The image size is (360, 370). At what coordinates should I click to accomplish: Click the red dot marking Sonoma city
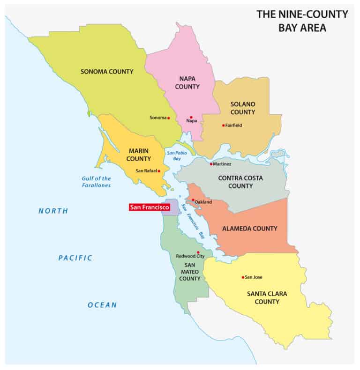point(169,118)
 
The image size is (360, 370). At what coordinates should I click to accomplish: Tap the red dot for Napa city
point(191,117)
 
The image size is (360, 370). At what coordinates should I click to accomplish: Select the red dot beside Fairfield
point(223,125)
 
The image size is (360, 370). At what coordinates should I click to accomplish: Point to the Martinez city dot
point(211,164)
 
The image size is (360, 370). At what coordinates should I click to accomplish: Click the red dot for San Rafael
point(159,171)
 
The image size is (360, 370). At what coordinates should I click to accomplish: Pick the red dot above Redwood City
point(198,252)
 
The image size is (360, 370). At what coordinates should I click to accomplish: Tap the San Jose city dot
point(243,277)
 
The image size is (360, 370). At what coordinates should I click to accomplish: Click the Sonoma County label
point(107,72)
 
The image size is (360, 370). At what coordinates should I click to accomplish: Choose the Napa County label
point(189,82)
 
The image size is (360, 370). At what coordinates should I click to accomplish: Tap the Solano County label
point(242,108)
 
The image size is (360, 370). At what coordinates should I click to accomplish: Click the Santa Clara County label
point(267,298)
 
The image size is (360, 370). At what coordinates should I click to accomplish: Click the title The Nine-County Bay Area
point(302,20)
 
